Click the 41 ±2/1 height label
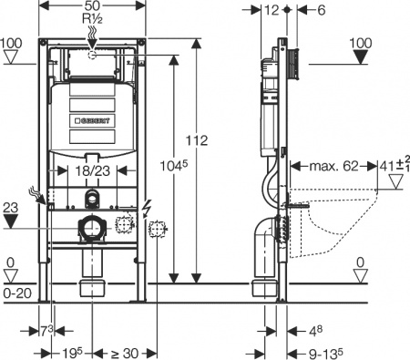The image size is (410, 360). (x=391, y=167)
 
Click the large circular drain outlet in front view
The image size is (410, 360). (x=92, y=228)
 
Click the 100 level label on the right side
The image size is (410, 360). (x=361, y=43)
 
